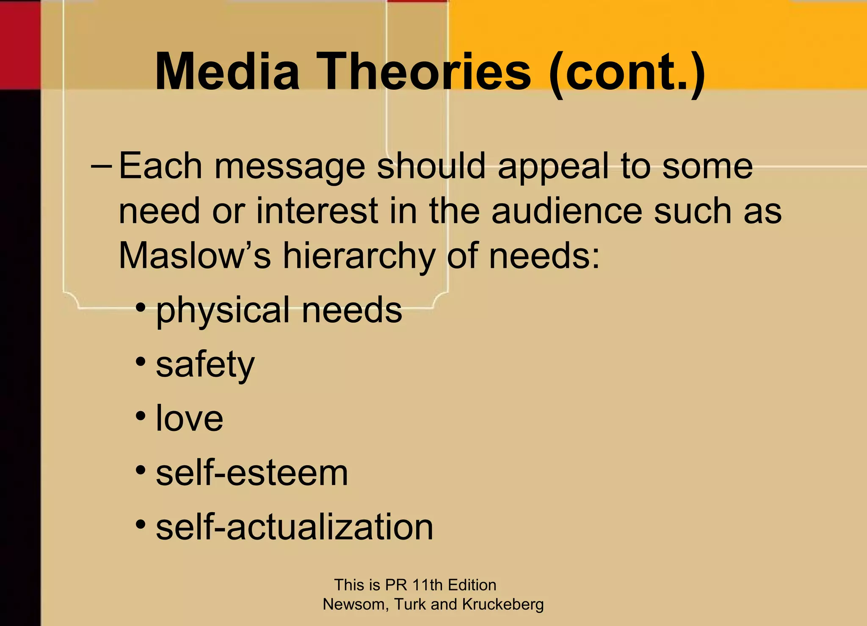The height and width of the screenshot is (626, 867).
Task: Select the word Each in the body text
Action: [160, 166]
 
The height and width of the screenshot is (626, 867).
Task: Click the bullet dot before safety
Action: [141, 362]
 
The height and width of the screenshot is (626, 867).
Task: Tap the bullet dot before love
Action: [141, 416]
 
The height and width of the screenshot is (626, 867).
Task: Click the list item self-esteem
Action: [252, 473]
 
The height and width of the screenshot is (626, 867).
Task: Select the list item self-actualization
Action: [295, 527]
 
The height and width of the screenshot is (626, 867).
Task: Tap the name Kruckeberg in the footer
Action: [503, 604]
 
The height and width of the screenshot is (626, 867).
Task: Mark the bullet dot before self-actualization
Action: [141, 525]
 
